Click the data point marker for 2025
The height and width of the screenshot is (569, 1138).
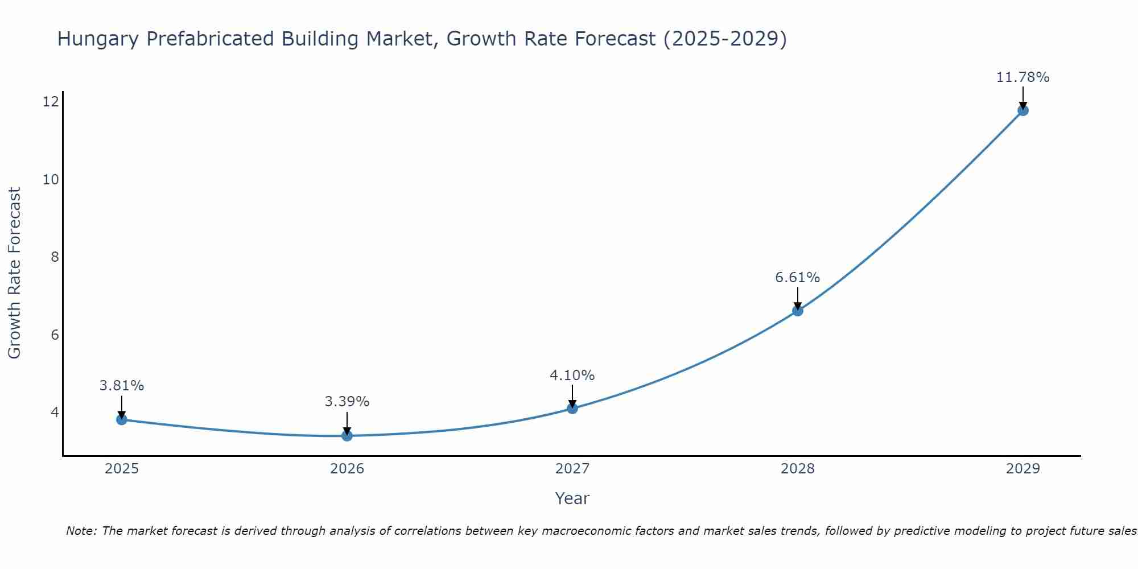pos(122,419)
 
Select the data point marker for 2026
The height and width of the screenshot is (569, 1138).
pos(347,436)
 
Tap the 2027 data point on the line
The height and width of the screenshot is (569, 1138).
pos(572,408)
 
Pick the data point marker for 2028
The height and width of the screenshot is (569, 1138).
pos(798,311)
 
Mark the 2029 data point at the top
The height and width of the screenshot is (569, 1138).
pos(1022,110)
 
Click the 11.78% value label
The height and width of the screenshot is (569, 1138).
pos(1022,77)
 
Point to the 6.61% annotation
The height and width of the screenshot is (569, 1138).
pos(797,278)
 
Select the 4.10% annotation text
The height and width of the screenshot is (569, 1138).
pos(572,376)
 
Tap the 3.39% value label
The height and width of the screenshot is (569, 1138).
pos(347,402)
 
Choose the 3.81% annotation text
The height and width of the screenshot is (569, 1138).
pos(122,386)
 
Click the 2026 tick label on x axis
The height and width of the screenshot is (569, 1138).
pos(347,469)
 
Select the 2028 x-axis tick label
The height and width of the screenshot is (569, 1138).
pos(798,469)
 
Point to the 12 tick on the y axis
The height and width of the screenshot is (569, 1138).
pos(51,102)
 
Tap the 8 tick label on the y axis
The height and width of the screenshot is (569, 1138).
pos(55,257)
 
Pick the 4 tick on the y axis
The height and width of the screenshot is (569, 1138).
pos(55,412)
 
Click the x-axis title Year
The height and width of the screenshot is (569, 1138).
pos(572,498)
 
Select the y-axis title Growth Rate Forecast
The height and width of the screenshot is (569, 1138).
pos(14,273)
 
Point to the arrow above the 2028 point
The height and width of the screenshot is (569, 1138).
pos(798,298)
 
